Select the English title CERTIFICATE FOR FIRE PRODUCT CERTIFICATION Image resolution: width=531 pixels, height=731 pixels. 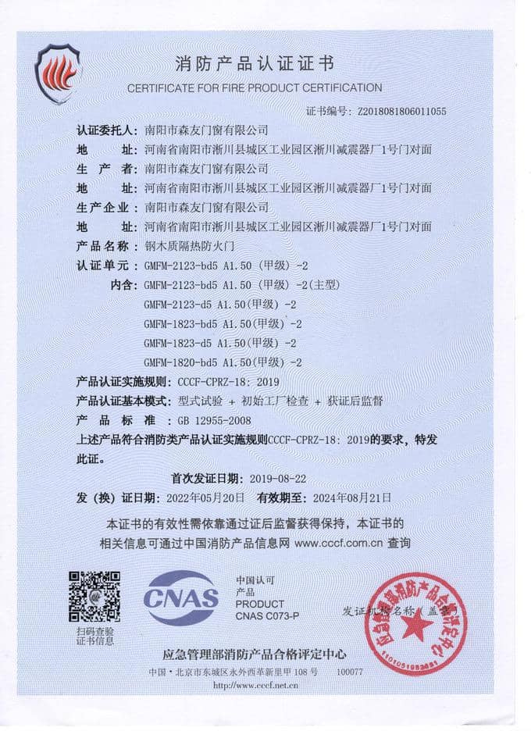(255, 87)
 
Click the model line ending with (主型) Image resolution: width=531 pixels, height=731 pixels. (233, 284)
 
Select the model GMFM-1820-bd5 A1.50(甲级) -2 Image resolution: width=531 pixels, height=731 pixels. (223, 362)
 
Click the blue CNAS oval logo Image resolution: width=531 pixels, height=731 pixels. (180, 598)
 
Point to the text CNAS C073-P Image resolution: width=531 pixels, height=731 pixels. (267, 617)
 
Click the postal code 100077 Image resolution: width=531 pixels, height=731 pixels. (349, 672)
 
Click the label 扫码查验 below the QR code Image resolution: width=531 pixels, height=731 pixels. (94, 631)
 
